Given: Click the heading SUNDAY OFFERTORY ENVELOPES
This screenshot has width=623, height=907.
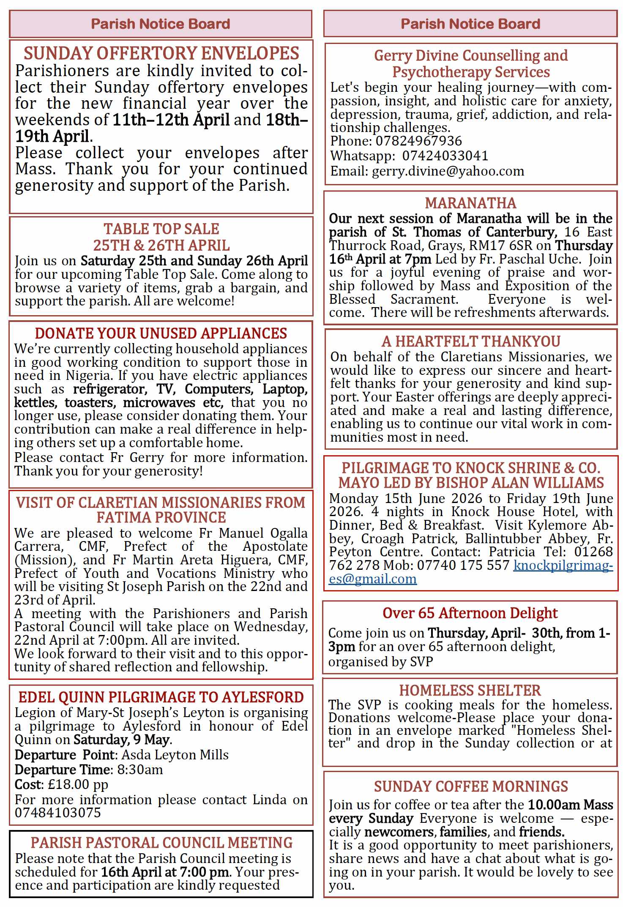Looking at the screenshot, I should [x=161, y=54].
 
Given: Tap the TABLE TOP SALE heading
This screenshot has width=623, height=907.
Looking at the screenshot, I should [x=161, y=229].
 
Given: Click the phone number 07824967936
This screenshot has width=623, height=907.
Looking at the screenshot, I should [x=418, y=141].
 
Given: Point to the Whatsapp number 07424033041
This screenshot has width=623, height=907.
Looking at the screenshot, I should [x=445, y=156].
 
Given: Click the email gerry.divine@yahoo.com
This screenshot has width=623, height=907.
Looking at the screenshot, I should [x=448, y=171].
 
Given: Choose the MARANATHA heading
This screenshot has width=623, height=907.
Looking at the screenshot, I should [x=470, y=203].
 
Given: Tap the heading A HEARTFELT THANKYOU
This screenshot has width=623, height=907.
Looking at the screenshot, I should [x=470, y=341].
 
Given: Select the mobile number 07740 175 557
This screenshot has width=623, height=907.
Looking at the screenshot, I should [x=463, y=565].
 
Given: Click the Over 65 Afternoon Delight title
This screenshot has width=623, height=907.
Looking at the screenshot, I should [x=470, y=613].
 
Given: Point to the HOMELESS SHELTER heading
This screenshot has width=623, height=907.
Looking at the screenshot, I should [x=470, y=690].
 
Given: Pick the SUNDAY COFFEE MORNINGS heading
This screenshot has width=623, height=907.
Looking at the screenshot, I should [x=470, y=786].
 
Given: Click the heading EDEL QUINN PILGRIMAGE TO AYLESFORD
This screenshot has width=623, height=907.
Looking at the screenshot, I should [x=161, y=697].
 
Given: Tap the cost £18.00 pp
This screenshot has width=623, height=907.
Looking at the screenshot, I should [x=78, y=784].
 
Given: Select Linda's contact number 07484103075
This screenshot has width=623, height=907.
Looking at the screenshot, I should [x=58, y=813].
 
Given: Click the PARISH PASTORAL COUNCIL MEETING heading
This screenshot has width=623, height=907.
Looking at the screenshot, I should [x=161, y=842].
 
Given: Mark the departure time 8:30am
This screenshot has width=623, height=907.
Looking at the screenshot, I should [x=140, y=770].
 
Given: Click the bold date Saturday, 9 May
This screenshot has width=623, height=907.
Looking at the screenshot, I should [x=122, y=739].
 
